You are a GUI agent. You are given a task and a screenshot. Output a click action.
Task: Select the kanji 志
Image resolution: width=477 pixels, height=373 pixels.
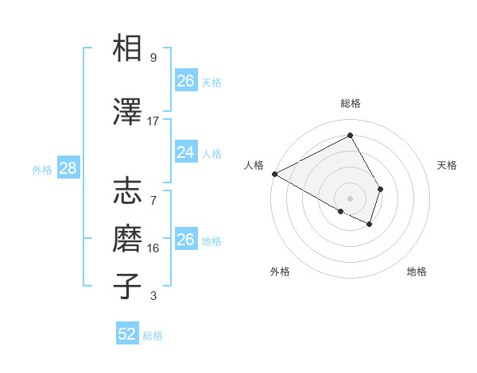pyautogui.click(x=128, y=193)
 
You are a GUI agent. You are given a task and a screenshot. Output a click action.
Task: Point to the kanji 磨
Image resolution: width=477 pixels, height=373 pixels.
pyautogui.click(x=128, y=239)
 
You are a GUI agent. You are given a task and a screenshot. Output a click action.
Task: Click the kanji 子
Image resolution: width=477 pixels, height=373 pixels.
pyautogui.click(x=128, y=286)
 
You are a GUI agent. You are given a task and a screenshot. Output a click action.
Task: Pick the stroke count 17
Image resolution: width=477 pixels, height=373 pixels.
pyautogui.click(x=153, y=121)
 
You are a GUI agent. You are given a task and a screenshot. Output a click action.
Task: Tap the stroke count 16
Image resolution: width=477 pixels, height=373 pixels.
pyautogui.click(x=153, y=248)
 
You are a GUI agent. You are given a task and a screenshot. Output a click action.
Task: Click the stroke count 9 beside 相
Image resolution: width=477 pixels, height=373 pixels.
pyautogui.click(x=153, y=58)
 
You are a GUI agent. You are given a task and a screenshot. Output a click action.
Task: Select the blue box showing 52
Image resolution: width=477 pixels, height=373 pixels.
pyautogui.click(x=127, y=334)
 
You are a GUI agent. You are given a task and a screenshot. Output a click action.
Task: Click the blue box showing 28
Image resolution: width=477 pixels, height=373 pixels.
pyautogui.click(x=67, y=167)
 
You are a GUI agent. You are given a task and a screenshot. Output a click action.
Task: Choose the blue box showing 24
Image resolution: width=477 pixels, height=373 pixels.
pyautogui.click(x=185, y=152)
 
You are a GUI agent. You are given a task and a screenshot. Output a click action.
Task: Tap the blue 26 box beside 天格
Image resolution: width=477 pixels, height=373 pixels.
pyautogui.click(x=185, y=81)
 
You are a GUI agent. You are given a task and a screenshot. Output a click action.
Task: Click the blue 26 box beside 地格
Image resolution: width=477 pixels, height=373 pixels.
pyautogui.click(x=185, y=239)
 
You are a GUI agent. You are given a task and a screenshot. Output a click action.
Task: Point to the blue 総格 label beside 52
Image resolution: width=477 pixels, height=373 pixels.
pyautogui.click(x=153, y=336)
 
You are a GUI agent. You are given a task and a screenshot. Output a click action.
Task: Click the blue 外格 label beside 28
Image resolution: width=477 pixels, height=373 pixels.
pyautogui.click(x=42, y=170)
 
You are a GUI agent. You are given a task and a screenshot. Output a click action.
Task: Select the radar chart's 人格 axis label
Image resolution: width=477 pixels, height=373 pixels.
pyautogui.click(x=254, y=165)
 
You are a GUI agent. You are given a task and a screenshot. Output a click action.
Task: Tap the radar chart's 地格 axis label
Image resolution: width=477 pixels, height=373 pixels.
pyautogui.click(x=417, y=272)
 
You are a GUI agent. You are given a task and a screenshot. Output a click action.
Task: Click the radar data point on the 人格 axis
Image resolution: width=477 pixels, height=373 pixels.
pyautogui.click(x=274, y=174)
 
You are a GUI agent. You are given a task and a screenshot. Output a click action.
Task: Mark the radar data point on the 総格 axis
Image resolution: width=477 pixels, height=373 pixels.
pyautogui.click(x=350, y=136)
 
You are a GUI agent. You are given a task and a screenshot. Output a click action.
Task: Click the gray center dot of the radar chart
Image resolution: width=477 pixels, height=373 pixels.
pyautogui.click(x=350, y=198)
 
